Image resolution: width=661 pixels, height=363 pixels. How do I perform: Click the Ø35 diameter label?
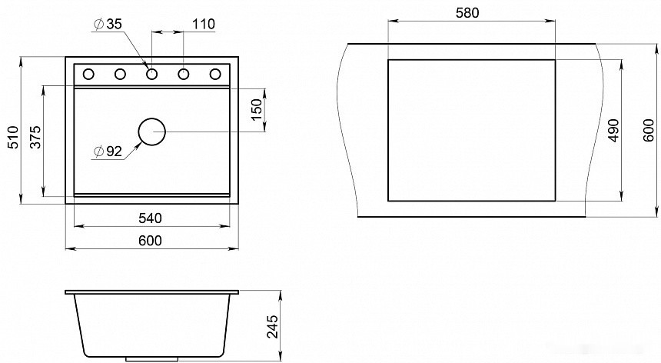pos(108,24)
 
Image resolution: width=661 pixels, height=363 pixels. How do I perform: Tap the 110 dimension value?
pos(204,24)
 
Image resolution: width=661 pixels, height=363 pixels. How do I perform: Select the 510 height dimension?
pos(14,137)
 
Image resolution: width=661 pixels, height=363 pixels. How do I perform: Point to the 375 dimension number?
pos(36,137)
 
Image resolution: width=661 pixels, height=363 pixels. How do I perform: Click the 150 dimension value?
pos(256,110)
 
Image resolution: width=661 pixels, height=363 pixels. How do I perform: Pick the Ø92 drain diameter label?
pos(108,151)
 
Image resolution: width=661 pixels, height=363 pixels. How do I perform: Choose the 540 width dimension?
pos(150,218)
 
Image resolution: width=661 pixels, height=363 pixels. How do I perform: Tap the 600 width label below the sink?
pos(150,240)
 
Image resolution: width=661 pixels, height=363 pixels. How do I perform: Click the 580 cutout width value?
pos(467,13)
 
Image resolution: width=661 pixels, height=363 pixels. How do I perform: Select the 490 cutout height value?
pos(614,130)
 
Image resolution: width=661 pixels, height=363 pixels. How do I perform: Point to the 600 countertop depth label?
pos(649,130)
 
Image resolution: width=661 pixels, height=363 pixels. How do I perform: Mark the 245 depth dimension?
pos(273,326)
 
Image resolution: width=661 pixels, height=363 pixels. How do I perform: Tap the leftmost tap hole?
pos(88,75)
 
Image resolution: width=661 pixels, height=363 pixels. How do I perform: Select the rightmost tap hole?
pos(215,75)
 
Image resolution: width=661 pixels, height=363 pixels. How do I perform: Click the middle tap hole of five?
pos(151,75)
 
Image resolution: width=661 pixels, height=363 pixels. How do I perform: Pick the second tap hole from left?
pos(120,75)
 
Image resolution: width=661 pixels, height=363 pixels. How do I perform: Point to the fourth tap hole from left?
pos(184,75)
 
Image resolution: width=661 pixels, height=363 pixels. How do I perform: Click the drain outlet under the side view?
pos(151,359)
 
